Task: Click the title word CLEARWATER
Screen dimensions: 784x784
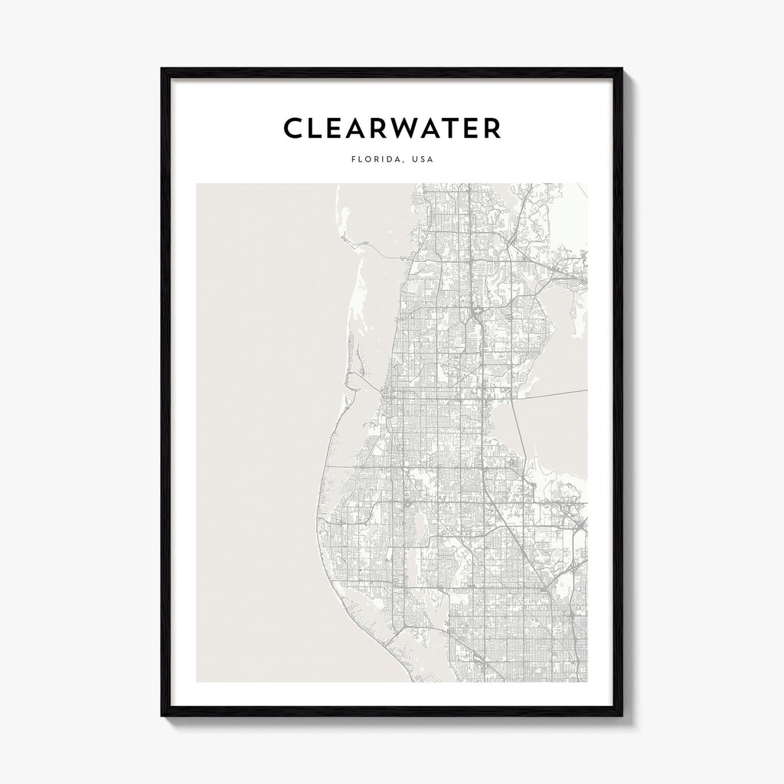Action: [392, 129]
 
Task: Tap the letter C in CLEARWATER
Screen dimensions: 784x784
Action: [294, 129]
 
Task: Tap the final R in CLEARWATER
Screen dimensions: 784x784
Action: [512, 129]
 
